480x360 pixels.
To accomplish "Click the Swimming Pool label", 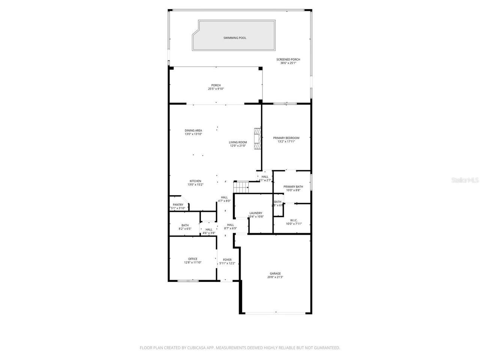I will tap(235, 38).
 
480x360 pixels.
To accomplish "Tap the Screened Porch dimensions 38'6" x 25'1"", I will tap(288, 63).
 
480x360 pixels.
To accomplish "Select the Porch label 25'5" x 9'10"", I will tap(216, 87).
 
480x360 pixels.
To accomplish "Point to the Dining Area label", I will tap(193, 130).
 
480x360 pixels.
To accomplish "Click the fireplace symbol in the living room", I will tap(257, 139).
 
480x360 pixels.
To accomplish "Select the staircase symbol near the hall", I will tap(241, 187).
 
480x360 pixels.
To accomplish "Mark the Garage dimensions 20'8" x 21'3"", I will tap(275, 277).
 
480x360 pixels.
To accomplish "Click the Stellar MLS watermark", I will tap(465, 180).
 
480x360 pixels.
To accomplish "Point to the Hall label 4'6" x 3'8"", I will tap(209, 231).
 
